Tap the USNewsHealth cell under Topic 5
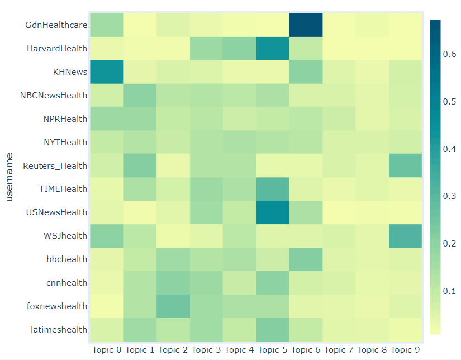(273, 212)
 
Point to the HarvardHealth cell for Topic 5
(273, 49)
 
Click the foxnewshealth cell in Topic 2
(173, 306)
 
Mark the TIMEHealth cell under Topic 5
(273, 189)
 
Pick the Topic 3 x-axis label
(206, 350)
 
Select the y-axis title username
(9, 178)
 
